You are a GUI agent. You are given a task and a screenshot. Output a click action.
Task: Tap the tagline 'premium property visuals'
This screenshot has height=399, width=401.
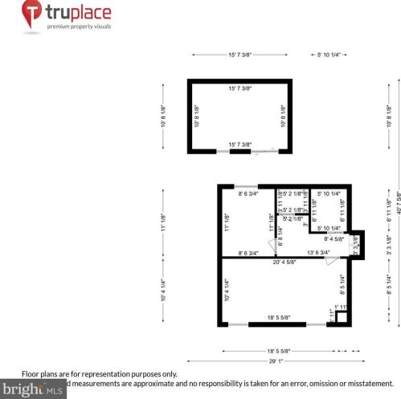pos(80,26)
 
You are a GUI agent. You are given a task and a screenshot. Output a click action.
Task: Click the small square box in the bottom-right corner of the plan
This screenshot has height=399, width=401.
pos(341,317)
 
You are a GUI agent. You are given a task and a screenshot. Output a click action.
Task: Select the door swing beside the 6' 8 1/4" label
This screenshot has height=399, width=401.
pos(274,246)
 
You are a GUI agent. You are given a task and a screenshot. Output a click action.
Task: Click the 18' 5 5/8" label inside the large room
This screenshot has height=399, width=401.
pos(277,319)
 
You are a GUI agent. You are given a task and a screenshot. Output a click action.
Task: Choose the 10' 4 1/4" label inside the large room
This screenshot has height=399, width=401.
pos(227,287)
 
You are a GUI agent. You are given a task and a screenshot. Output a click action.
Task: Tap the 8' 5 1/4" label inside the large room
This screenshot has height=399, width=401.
pos(342,282)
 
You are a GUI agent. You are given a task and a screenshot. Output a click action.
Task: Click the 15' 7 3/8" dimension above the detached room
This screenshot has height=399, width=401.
pos(243,55)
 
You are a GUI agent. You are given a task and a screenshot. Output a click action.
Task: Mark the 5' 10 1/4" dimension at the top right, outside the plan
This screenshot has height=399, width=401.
pos(329,55)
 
